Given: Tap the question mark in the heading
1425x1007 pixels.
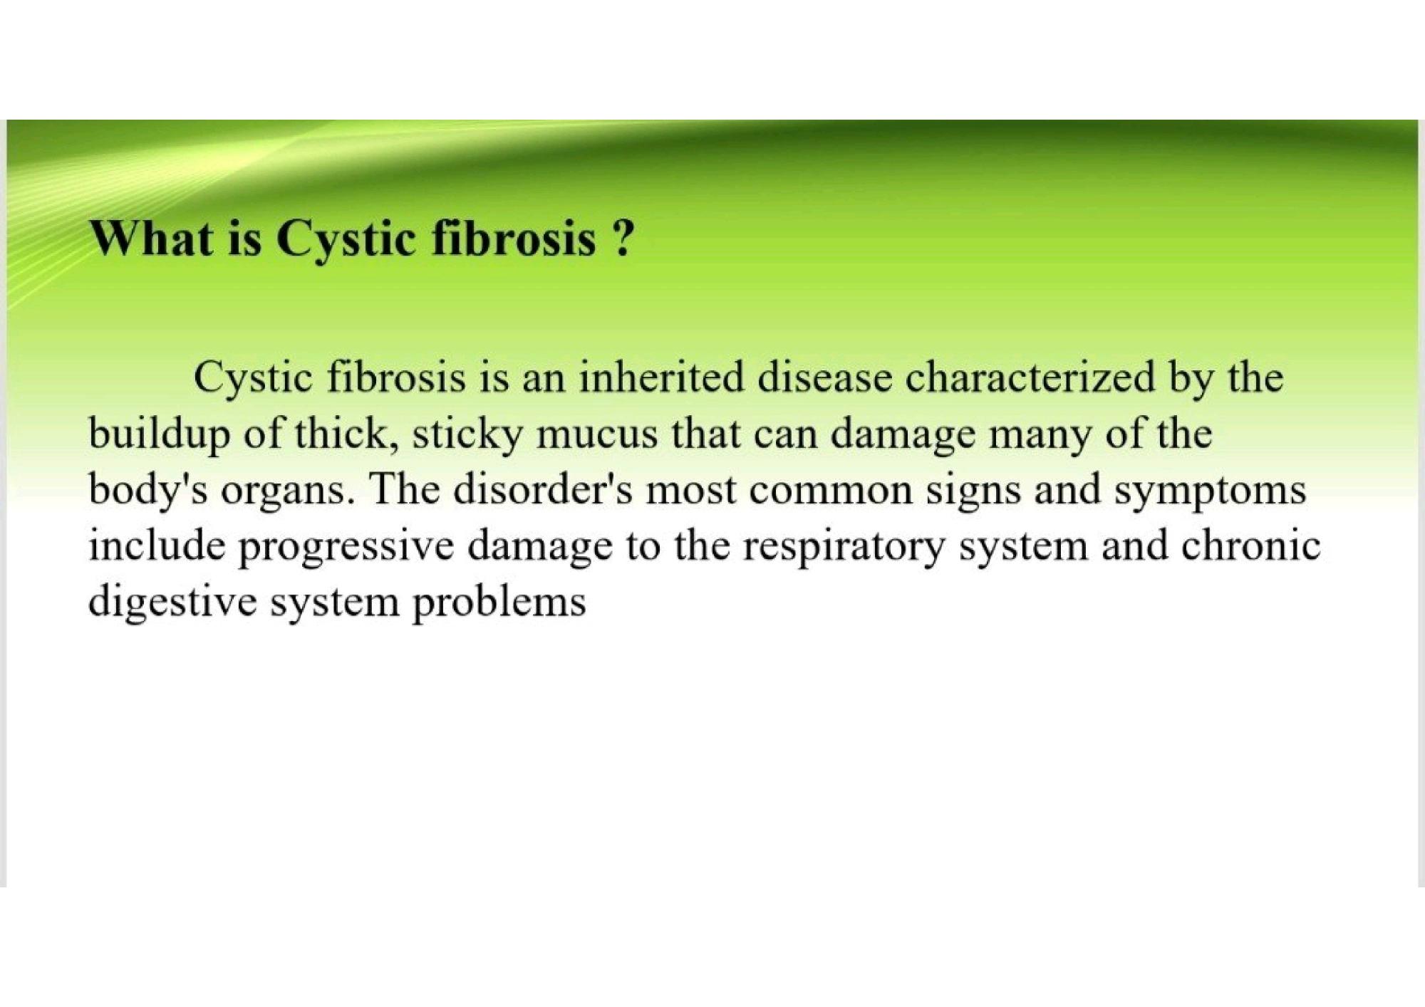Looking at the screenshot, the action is pyautogui.click(x=621, y=238).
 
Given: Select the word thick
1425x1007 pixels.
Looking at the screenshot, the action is pyautogui.click(x=346, y=435).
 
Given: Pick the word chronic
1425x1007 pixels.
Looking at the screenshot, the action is pyautogui.click(x=1251, y=546).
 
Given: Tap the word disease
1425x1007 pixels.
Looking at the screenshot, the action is pyautogui.click(x=824, y=378).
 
